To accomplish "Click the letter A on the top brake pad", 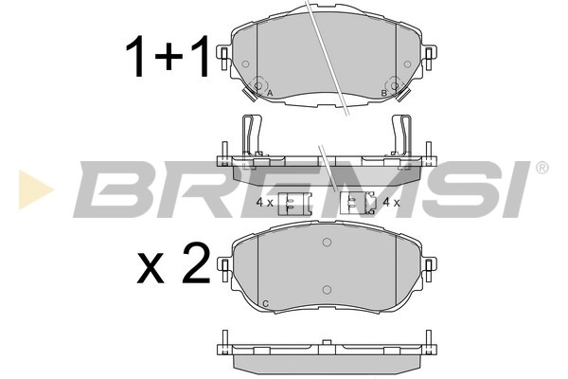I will [269, 94].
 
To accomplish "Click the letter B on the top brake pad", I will [382, 93].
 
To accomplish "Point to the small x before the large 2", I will [152, 268].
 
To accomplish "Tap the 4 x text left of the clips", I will [265, 204].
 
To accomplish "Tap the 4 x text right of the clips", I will [390, 203].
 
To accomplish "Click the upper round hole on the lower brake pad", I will [327, 244].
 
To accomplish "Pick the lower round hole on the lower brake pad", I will [327, 289].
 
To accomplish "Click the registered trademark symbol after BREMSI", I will [541, 168].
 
